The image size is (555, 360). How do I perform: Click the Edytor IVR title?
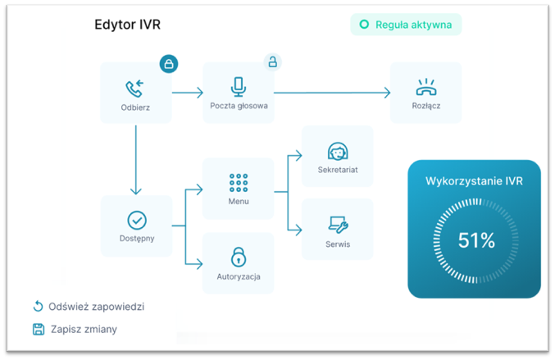(x=127, y=25)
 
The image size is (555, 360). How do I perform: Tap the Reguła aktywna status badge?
(x=406, y=25)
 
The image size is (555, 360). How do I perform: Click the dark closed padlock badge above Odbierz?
(x=169, y=63)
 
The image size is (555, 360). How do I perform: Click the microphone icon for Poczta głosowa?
(x=239, y=87)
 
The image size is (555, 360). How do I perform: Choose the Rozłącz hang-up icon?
(x=425, y=88)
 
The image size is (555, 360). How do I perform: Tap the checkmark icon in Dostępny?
(x=137, y=220)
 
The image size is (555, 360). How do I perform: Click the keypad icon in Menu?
(x=239, y=182)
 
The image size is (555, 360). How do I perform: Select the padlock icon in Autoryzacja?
(x=239, y=257)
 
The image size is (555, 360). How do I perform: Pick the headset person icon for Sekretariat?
(x=338, y=152)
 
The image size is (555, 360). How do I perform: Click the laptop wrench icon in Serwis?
(x=338, y=225)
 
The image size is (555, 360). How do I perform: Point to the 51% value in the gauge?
(x=476, y=240)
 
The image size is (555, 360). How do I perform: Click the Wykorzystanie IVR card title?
(x=474, y=180)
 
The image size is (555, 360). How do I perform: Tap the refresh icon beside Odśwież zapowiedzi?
(x=38, y=307)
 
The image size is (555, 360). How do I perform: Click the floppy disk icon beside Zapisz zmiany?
(x=38, y=329)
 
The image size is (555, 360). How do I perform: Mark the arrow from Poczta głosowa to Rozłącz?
(x=332, y=93)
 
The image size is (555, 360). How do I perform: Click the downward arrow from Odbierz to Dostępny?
(x=136, y=160)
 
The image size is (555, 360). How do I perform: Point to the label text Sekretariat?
(x=338, y=171)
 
